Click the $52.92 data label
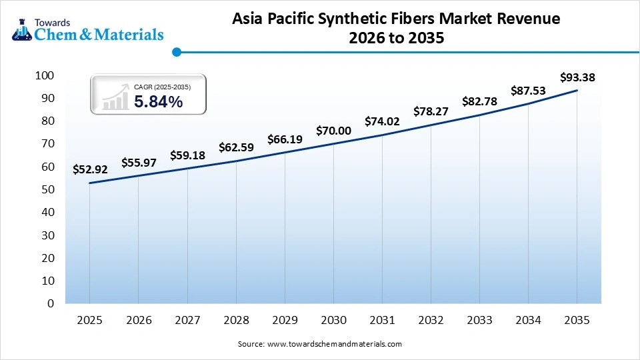pyautogui.click(x=90, y=169)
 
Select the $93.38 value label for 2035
pyautogui.click(x=577, y=78)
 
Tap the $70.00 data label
pyautogui.click(x=333, y=131)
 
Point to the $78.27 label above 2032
pyautogui.click(x=431, y=111)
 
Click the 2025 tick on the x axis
pyautogui.click(x=90, y=321)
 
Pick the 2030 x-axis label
pyautogui.click(x=333, y=321)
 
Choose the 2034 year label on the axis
pyautogui.click(x=528, y=321)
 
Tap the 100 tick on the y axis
pyautogui.click(x=44, y=75)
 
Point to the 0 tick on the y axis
pyautogui.click(x=50, y=303)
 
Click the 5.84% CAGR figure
pyautogui.click(x=158, y=101)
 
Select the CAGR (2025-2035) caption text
pyautogui.click(x=162, y=87)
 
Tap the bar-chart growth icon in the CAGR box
pyautogui.click(x=115, y=97)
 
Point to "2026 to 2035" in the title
pyautogui.click(x=396, y=39)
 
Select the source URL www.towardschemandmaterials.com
pyautogui.click(x=334, y=344)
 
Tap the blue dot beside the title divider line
pyautogui.click(x=177, y=51)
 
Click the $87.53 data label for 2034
pyautogui.click(x=529, y=91)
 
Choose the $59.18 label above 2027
pyautogui.click(x=187, y=155)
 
